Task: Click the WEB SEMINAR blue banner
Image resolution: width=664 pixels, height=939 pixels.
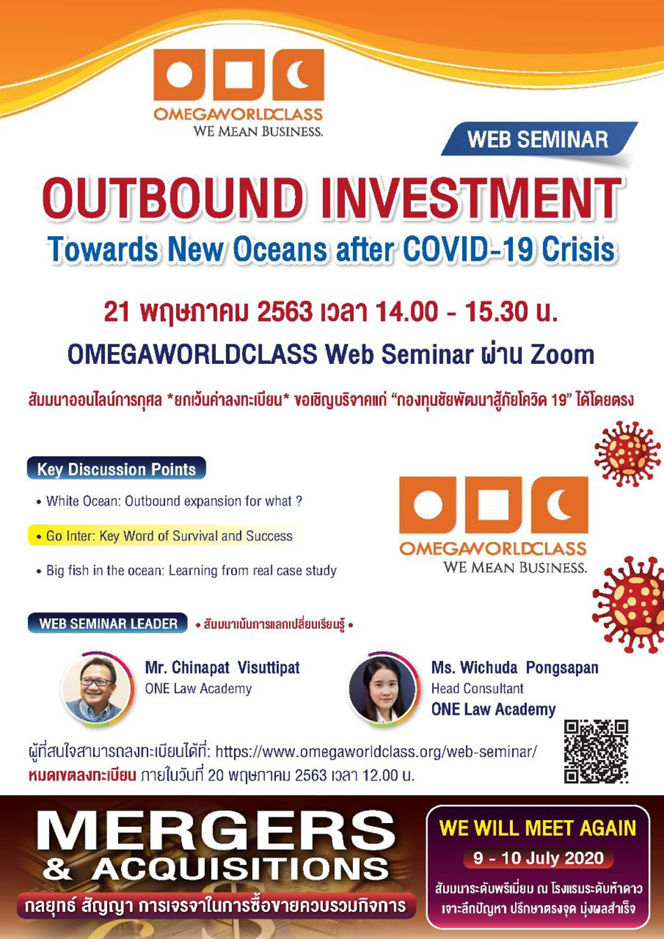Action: pyautogui.click(x=539, y=139)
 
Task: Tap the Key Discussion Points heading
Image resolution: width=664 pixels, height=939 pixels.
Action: pyautogui.click(x=116, y=469)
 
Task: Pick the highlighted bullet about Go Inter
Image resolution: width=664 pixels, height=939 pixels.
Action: pyautogui.click(x=164, y=536)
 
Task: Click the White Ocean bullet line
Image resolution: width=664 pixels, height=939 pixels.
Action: pyautogui.click(x=169, y=501)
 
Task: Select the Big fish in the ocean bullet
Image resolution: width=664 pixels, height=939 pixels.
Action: pyautogui.click(x=186, y=571)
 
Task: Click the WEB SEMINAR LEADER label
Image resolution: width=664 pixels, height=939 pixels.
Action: pyautogui.click(x=108, y=623)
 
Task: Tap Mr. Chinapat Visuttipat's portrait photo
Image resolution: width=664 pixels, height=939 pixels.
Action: pyautogui.click(x=97, y=690)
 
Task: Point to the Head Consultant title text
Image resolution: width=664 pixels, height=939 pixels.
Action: pyautogui.click(x=477, y=689)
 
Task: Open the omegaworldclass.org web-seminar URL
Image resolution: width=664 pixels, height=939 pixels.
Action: pyautogui.click(x=376, y=752)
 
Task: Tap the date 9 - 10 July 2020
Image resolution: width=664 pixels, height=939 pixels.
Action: pyautogui.click(x=538, y=858)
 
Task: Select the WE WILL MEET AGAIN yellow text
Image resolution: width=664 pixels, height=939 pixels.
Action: pyautogui.click(x=537, y=829)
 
